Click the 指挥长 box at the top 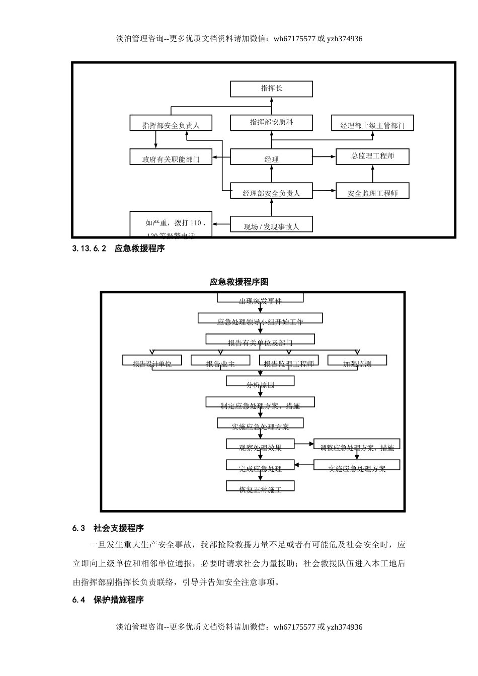271,89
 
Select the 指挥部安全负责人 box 171,123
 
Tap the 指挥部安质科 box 271,122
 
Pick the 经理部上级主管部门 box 372,123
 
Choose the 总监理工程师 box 372,156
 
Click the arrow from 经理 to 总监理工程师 324,157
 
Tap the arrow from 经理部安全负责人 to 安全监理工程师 324,191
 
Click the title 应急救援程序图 239,282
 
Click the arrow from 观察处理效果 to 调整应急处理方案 304,444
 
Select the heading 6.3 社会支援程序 108,528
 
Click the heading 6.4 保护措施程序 108,600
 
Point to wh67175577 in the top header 294,39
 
